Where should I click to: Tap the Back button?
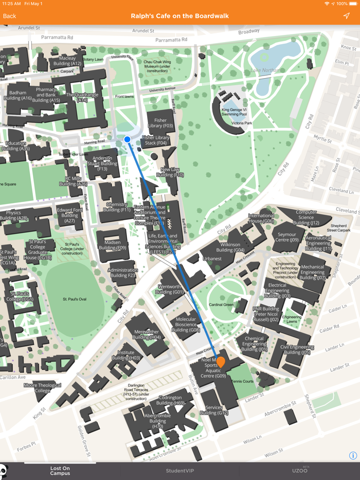point(10,16)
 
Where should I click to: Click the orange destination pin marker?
point(221,362)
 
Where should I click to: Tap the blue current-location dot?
point(128,139)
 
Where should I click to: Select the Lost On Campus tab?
point(60,471)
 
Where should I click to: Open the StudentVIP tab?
point(180,471)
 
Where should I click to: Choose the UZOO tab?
point(299,471)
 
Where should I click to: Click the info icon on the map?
point(353,455)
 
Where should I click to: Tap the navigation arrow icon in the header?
point(346,16)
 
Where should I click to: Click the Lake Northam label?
point(265,70)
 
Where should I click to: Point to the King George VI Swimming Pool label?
point(235,112)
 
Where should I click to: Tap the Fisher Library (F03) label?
point(160,123)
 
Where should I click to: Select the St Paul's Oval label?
point(75,299)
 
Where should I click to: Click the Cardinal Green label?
point(221,305)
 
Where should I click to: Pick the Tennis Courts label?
point(243,381)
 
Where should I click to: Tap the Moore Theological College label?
point(43,388)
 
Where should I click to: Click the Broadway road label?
point(249,32)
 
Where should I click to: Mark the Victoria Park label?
point(242,123)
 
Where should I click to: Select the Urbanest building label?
point(212,259)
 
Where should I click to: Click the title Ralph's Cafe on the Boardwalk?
point(180,16)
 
